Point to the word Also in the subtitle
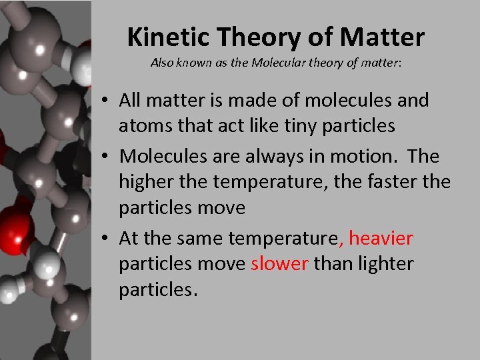point(162,63)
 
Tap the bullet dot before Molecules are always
point(107,157)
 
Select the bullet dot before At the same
point(107,239)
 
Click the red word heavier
point(381,238)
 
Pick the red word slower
point(279,264)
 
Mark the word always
point(291,157)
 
